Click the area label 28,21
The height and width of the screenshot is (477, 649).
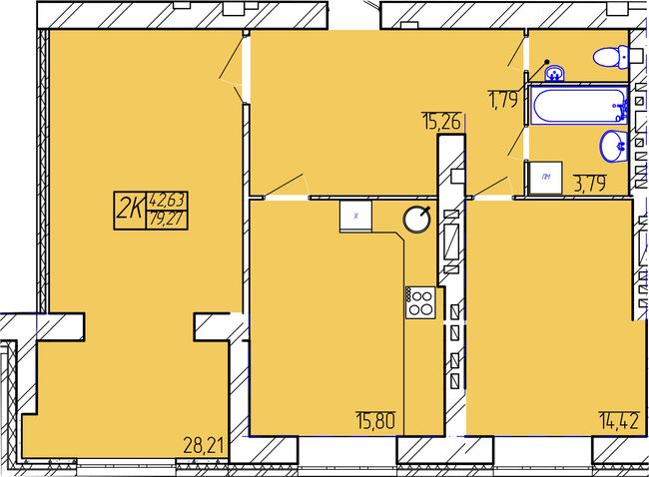point(204,446)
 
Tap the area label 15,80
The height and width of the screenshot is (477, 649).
point(375,421)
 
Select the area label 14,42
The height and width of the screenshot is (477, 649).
point(619,421)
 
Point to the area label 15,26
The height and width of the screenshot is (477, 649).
point(441,122)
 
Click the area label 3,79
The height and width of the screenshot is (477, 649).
point(590,184)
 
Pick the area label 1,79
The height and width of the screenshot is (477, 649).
point(503,100)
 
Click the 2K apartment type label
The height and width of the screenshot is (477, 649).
point(130,209)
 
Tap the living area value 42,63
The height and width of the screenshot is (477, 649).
point(168,201)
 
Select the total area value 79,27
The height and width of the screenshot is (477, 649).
point(166,219)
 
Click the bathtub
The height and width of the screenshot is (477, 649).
point(580,105)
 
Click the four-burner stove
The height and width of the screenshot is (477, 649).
point(420,302)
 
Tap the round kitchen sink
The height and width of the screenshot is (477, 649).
point(416,219)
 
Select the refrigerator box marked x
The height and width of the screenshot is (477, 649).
point(356,216)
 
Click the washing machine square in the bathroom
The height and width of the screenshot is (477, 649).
point(546,178)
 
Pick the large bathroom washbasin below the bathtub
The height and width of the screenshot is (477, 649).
point(614,146)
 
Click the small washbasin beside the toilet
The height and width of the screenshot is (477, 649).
point(554,74)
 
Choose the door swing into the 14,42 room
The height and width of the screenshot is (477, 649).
point(492,187)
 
